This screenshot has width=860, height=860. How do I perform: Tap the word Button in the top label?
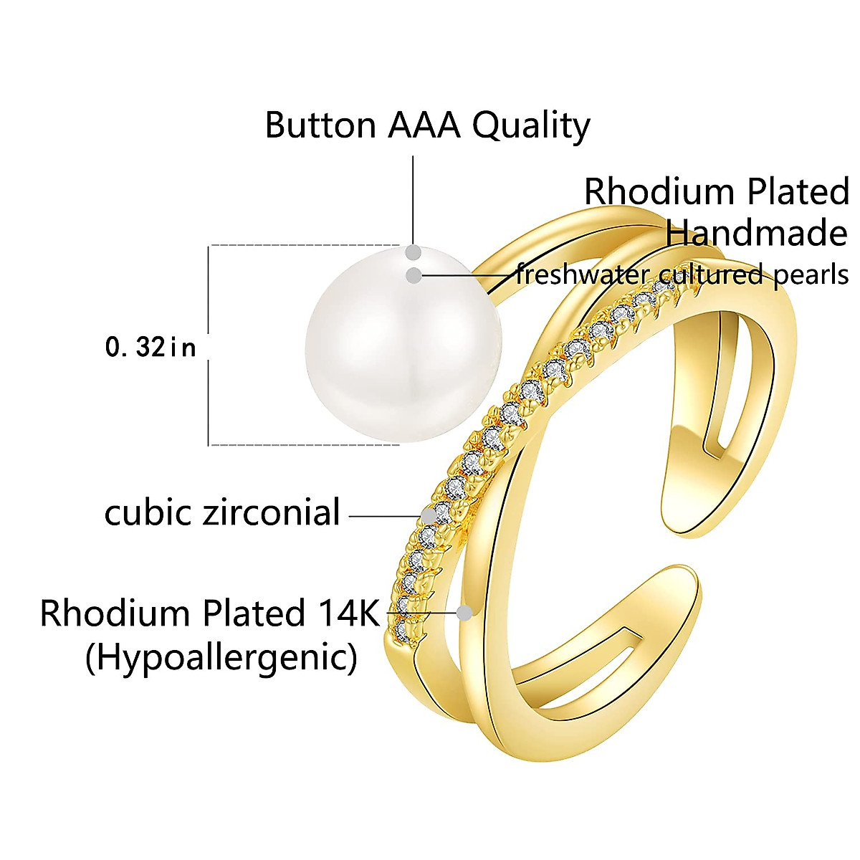320,125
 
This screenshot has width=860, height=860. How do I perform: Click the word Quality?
531,126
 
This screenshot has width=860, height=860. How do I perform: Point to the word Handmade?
756,233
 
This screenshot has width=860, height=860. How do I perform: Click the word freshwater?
583,274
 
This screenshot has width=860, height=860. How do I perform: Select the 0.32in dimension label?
150,348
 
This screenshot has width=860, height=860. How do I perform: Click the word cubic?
148,513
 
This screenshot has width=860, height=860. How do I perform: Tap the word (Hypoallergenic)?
221,657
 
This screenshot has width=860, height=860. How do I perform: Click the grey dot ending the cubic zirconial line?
429,515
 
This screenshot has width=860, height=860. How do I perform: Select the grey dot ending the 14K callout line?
464,613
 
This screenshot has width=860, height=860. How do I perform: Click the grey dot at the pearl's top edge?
414,252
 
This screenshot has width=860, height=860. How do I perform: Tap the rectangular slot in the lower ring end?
573,659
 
